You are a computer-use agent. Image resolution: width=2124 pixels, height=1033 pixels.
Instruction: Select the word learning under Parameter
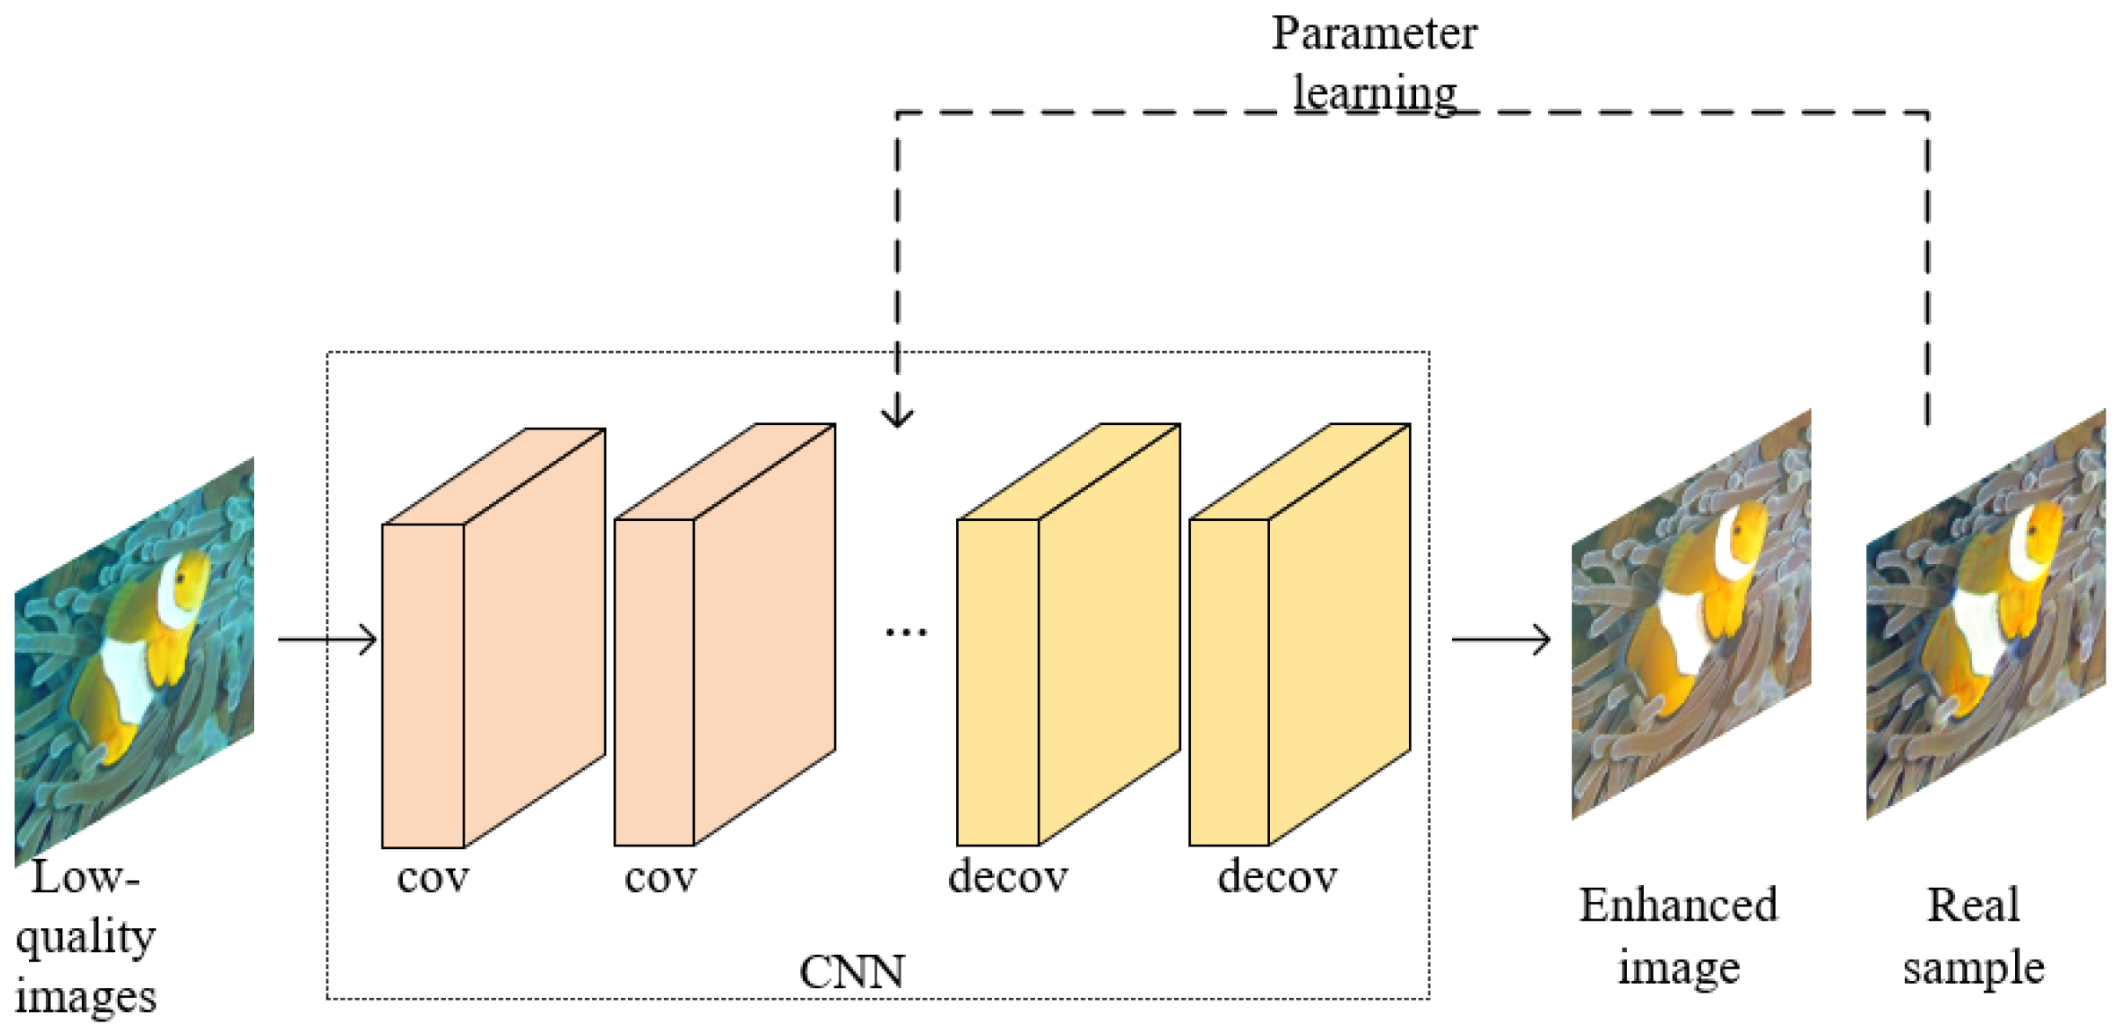coord(1373,92)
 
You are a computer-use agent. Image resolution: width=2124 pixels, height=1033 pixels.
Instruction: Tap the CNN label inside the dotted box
coord(851,972)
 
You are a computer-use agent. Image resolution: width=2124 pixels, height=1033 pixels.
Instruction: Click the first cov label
coord(433,876)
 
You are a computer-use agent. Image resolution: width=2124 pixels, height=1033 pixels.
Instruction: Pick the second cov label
coord(661,876)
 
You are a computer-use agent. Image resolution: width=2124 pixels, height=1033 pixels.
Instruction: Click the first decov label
coord(1008,876)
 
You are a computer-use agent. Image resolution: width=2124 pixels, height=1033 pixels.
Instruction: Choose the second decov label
coord(1277,876)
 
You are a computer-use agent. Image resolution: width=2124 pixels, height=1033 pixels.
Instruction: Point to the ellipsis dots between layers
coord(905,632)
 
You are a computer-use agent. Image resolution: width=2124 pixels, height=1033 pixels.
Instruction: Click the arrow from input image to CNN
coord(327,639)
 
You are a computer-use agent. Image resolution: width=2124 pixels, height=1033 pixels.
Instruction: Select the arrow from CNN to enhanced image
coord(1500,639)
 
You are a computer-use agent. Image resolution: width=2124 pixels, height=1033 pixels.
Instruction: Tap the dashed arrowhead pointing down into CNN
coord(897,414)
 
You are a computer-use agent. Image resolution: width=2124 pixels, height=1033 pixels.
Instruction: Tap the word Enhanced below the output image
coord(1677,905)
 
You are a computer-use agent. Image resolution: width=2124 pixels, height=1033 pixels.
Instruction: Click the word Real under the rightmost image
coord(1973,905)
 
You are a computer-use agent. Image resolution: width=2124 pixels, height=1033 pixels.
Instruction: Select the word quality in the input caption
coord(85,937)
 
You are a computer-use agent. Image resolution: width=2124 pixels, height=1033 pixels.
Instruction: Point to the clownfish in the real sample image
coord(1992,607)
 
